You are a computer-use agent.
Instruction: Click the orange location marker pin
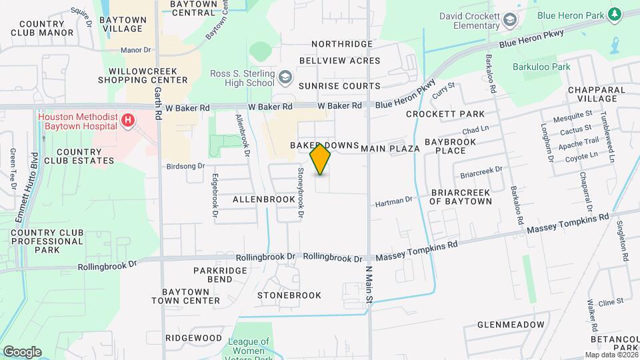pyautogui.click(x=321, y=158)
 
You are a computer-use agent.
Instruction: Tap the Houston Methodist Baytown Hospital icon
pyautogui.click(x=127, y=121)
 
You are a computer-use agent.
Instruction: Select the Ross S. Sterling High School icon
pyautogui.click(x=285, y=78)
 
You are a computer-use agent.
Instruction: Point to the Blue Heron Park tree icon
pyautogui.click(x=613, y=15)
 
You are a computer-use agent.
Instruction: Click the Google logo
pyautogui.click(x=22, y=352)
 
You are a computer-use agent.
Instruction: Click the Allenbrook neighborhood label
pyautogui.click(x=264, y=199)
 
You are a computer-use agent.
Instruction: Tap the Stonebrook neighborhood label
pyautogui.click(x=289, y=295)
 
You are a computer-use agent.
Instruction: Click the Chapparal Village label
pyautogui.click(x=596, y=94)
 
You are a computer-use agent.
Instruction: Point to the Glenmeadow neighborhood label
pyautogui.click(x=511, y=325)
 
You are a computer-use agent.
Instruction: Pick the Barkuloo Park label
pyautogui.click(x=541, y=67)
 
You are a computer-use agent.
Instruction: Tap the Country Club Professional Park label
pyautogui.click(x=47, y=241)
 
